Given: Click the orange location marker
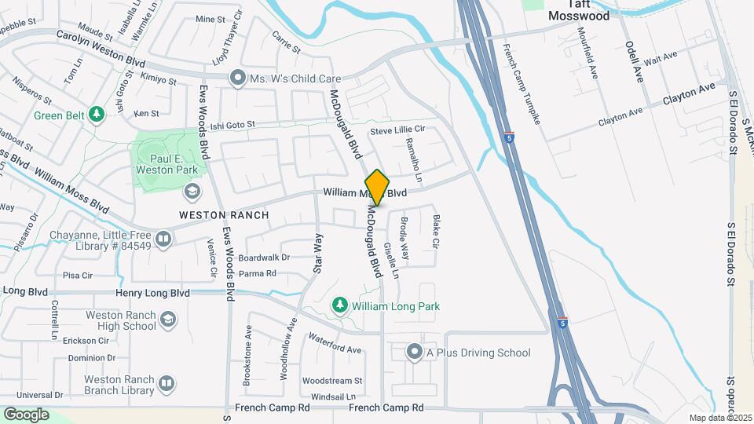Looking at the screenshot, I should pos(377,188).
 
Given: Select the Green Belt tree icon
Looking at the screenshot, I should pos(97,115).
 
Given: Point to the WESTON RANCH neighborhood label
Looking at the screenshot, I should pos(224,215).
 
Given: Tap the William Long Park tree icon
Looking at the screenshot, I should pos(340,305).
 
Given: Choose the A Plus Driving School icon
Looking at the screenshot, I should pos(415,353).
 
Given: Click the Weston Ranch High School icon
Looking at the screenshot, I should pos(167,320).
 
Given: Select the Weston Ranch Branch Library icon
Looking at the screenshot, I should pos(166,383).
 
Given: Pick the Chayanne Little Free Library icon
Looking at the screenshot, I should pos(163,238).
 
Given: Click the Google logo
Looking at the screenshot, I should pos(26,415).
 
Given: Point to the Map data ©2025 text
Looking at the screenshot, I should pos(720,418).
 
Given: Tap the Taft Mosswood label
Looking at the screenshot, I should pos(568,10).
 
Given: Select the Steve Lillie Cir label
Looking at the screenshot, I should pos(397,130).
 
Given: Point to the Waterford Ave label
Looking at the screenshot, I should pos(335,344).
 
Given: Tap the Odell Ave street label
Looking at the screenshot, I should pos(634,60).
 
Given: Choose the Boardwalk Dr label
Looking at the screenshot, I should pos(264,258).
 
